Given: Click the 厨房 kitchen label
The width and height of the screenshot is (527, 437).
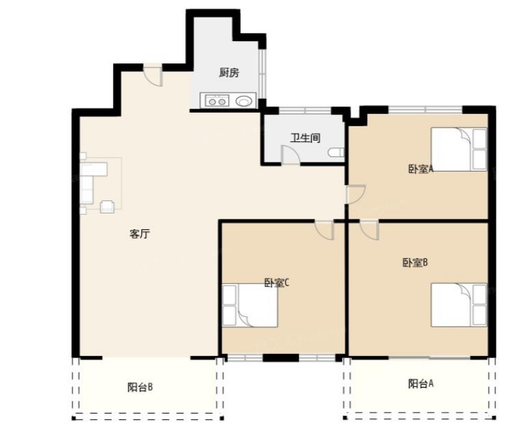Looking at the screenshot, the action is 229,72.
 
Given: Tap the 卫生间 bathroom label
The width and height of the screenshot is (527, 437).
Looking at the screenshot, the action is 305,138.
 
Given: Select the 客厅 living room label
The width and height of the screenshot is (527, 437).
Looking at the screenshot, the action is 140,234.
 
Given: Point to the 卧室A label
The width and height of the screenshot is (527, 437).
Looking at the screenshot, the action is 421,169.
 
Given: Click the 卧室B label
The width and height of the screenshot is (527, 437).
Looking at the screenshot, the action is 415,262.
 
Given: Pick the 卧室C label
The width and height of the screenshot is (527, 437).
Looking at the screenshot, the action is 277,283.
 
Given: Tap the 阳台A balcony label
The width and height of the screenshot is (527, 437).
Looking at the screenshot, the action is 421,383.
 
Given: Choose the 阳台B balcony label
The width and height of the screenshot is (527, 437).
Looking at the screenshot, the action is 140,387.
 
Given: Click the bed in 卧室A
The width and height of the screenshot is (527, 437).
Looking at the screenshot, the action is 458,150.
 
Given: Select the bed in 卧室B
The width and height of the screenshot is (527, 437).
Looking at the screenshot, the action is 458,305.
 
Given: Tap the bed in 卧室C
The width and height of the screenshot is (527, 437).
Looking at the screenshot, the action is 250,305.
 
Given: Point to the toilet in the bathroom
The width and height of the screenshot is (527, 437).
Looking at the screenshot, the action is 336,153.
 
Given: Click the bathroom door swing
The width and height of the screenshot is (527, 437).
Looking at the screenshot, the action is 290,156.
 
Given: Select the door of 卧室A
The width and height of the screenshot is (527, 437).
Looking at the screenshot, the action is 356,194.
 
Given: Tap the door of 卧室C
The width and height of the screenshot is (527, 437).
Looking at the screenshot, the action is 324,230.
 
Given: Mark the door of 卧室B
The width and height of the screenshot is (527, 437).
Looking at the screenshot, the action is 369,230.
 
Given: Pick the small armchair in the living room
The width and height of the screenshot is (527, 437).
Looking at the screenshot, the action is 107,206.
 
